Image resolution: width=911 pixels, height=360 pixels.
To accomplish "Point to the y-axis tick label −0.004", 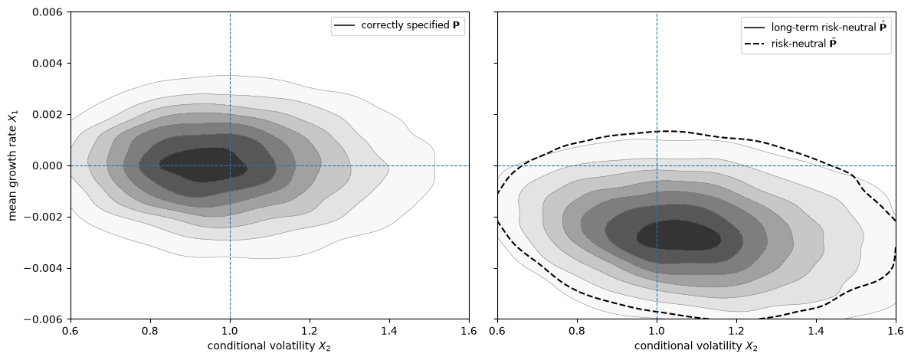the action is [48, 268].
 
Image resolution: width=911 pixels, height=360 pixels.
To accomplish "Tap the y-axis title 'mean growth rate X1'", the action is [13, 165].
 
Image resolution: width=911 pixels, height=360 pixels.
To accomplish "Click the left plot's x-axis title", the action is [270, 347].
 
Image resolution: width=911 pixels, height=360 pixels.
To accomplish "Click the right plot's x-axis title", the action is [696, 347].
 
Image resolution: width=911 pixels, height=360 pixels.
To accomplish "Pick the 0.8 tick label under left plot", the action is [150, 331].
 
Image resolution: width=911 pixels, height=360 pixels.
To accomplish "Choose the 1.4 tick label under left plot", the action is [389, 331].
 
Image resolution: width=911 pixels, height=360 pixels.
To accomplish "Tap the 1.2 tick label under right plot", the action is [736, 331].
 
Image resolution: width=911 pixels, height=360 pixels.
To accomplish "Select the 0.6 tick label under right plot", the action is [497, 331].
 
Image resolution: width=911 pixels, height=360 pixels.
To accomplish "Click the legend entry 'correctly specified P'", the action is [398, 25].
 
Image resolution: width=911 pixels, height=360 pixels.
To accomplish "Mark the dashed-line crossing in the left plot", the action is [230, 165].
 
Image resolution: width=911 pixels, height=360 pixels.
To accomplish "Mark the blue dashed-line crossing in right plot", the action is [657, 165].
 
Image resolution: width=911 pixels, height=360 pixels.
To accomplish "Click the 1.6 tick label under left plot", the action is [469, 331].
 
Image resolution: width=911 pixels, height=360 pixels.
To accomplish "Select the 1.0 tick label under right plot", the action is [657, 331].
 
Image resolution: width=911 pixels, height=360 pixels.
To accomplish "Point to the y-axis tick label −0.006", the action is [48, 319].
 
